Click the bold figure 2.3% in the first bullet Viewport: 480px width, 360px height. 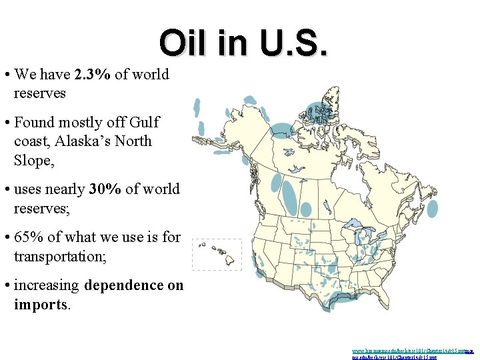93,74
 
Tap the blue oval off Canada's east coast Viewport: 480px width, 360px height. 432,208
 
